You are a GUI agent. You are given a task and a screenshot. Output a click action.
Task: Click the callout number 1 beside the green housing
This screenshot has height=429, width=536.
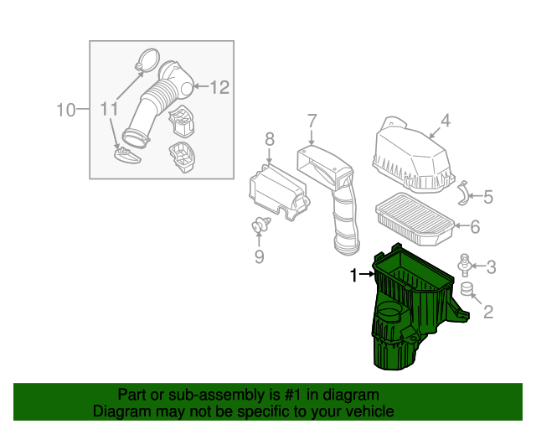pos(353,275)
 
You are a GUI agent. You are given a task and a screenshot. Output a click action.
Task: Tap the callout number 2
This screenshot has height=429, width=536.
pos(487,313)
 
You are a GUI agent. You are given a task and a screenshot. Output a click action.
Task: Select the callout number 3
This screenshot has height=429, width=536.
pos(491,267)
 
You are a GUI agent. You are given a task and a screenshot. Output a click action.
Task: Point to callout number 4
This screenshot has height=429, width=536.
pos(446,121)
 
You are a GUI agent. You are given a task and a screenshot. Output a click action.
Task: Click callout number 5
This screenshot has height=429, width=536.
pos(487,198)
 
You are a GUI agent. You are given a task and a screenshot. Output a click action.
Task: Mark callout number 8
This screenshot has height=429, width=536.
pos(270,138)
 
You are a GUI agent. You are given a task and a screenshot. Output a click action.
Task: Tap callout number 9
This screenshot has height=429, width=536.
pos(259,256)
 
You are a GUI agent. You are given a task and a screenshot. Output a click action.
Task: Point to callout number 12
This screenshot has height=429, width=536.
pos(219,86)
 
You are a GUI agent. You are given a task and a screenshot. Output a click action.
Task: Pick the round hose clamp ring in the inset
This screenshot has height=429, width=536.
pos(146,59)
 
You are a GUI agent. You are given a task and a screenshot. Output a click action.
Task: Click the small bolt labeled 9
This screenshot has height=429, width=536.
pos(260,225)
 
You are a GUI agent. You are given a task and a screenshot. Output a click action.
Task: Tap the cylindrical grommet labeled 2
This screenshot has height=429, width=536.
pos(468,290)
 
